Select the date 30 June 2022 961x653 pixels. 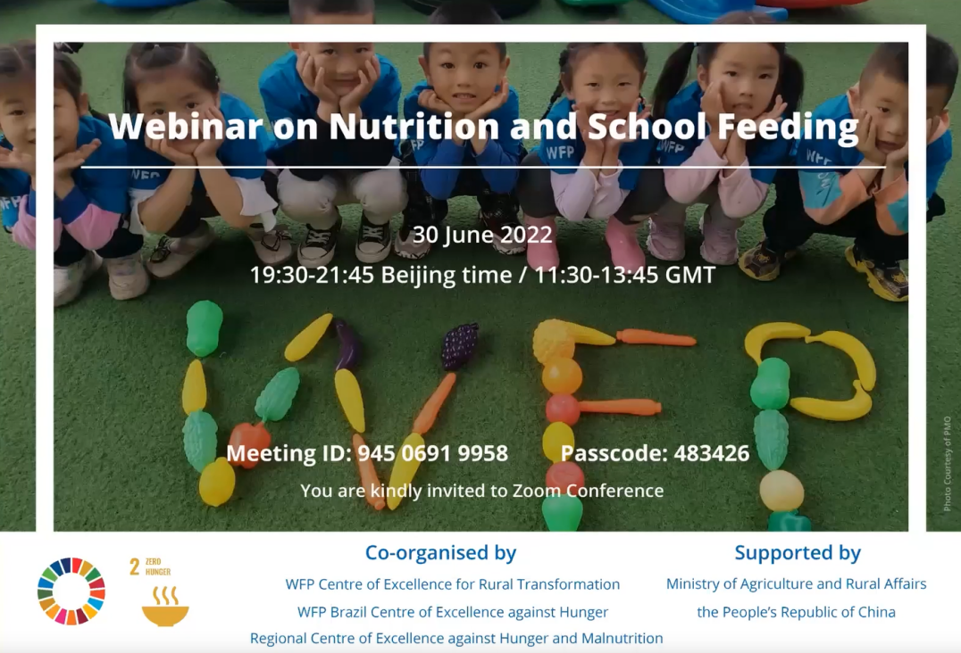(482, 235)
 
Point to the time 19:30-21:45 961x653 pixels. (312, 274)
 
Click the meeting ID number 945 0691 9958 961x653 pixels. (432, 453)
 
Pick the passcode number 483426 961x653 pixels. (712, 453)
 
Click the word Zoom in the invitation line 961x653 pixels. (537, 491)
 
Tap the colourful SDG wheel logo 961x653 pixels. (71, 591)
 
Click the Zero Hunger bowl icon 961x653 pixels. (165, 607)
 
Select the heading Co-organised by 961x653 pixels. (440, 552)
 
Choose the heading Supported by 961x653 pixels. (798, 553)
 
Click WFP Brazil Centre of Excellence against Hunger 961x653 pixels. (452, 612)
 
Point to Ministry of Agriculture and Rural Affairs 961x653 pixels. (796, 583)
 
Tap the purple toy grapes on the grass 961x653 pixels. (460, 346)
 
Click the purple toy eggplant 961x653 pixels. (347, 345)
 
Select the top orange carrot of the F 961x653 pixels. (656, 338)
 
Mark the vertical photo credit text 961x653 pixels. (948, 463)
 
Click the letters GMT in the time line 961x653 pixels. (690, 274)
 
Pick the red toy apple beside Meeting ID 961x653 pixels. (249, 444)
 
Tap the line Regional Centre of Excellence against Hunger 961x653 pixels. (456, 639)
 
